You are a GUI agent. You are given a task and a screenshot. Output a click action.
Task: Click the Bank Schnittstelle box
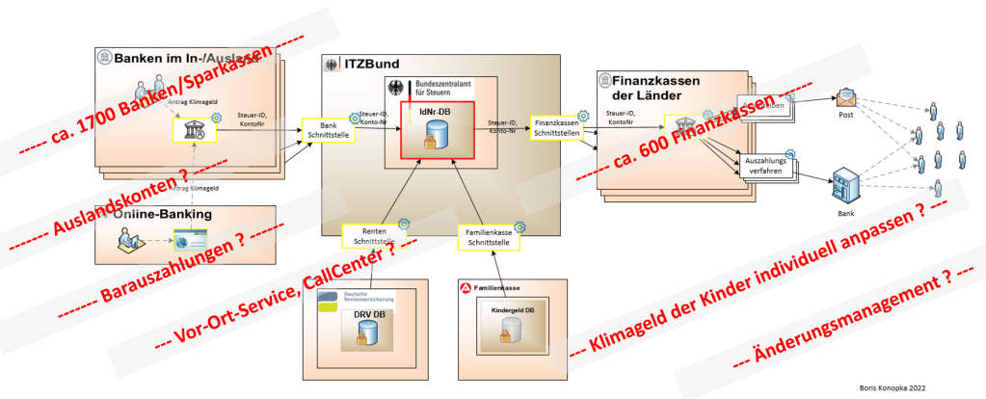click(x=328, y=130)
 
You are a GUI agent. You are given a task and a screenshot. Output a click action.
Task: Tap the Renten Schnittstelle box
click(x=373, y=234)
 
